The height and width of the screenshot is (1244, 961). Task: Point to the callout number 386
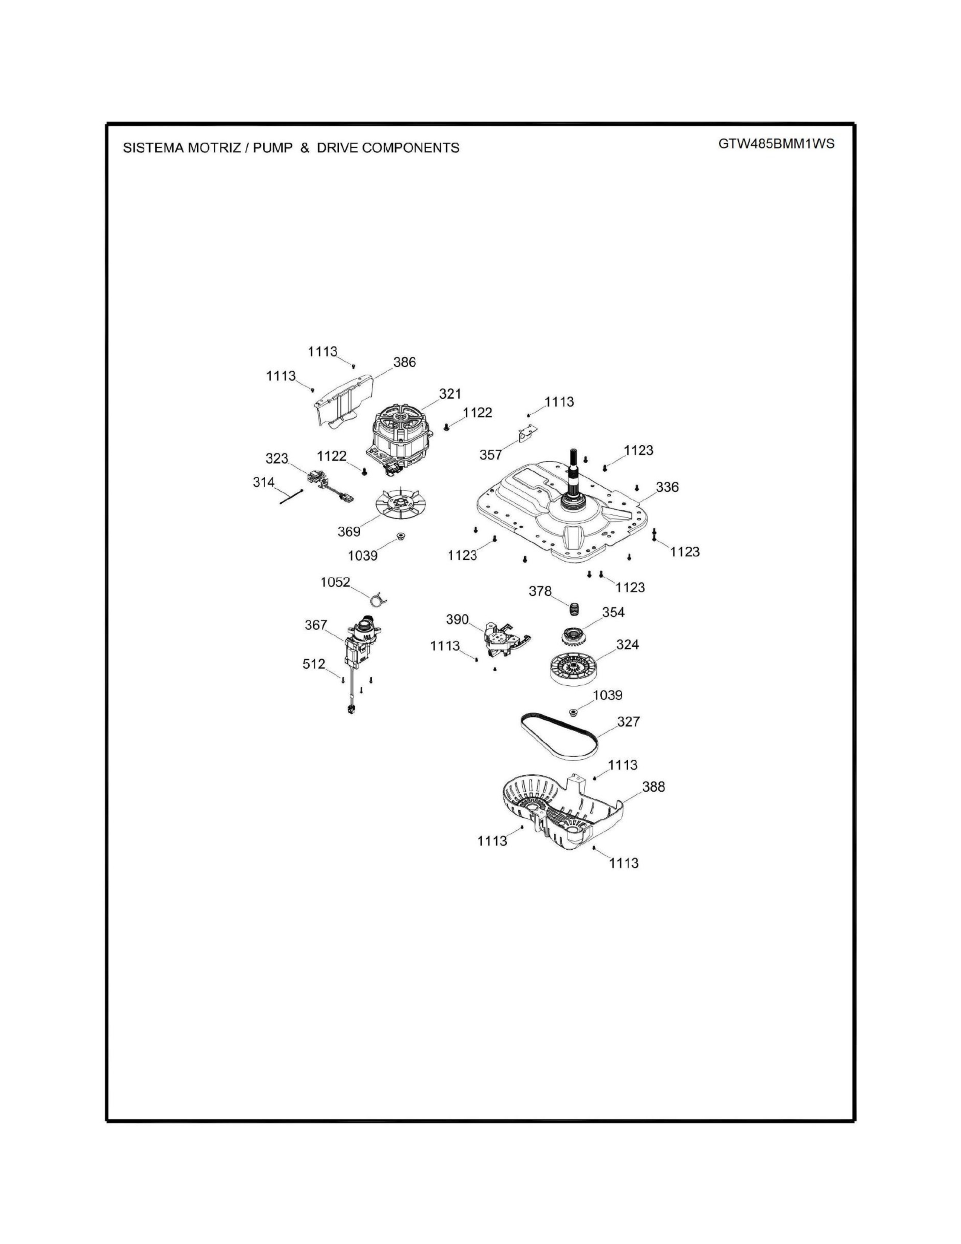tap(404, 362)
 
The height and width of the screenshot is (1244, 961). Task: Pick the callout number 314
tap(263, 483)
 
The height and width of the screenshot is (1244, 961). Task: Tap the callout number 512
tap(314, 664)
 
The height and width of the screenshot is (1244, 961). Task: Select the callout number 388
tap(653, 787)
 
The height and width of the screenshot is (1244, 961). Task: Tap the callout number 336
tap(667, 487)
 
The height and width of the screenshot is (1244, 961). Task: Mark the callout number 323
tap(277, 458)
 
